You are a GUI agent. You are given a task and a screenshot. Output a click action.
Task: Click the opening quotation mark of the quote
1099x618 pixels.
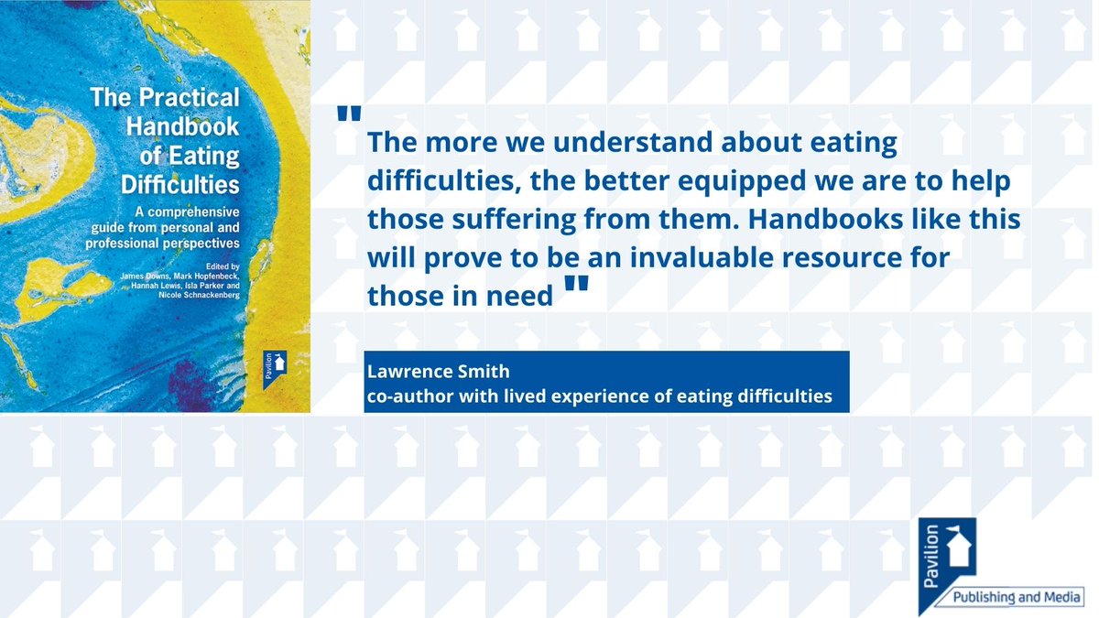[349, 114]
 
